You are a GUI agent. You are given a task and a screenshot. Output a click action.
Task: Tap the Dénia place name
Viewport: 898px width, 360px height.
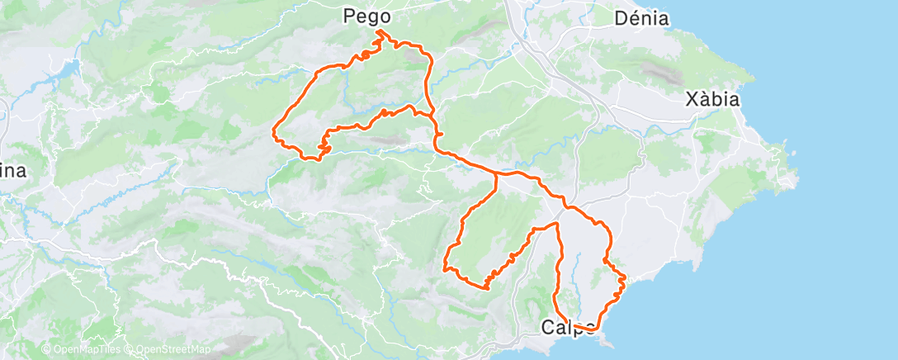(x=641, y=17)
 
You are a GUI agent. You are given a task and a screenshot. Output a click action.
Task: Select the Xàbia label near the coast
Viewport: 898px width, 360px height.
(x=711, y=100)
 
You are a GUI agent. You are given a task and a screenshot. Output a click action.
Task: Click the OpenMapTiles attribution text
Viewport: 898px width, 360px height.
(x=87, y=349)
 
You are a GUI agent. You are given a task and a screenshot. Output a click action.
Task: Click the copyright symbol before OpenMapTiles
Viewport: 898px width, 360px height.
(x=46, y=349)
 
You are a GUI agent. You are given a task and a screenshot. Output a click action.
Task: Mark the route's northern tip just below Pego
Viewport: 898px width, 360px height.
(x=379, y=31)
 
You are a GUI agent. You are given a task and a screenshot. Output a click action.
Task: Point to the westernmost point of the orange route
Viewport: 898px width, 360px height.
(x=274, y=129)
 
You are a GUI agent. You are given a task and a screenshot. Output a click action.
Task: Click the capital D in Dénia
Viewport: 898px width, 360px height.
(x=621, y=17)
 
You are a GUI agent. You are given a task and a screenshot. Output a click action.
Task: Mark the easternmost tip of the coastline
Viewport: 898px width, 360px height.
(x=797, y=175)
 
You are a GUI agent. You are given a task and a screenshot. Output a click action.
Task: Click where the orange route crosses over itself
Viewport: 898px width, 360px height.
(x=431, y=115)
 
